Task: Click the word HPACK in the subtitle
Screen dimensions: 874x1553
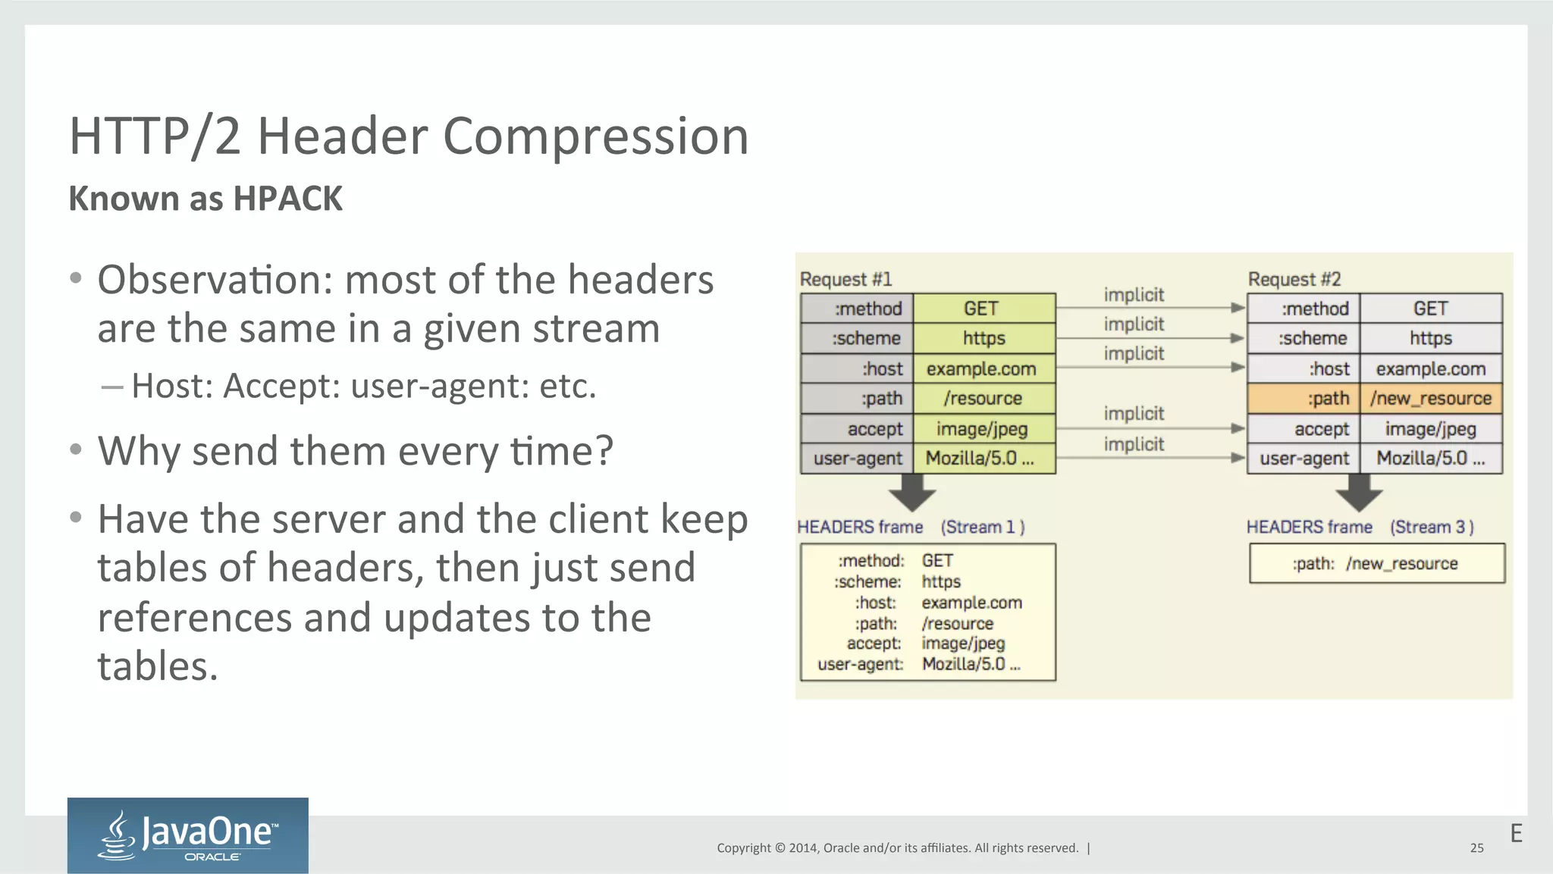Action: (287, 199)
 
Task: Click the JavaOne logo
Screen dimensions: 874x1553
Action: (187, 835)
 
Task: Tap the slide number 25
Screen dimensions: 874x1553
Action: (1476, 848)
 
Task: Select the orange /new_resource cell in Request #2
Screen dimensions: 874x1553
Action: (1430, 399)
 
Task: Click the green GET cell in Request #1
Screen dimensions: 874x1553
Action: (984, 309)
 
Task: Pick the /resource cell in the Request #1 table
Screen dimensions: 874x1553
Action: (984, 399)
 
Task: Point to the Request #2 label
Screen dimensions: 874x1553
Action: (1294, 279)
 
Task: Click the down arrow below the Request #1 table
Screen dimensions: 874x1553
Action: (912, 493)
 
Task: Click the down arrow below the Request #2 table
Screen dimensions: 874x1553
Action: (1359, 493)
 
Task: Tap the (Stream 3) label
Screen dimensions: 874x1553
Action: (1431, 527)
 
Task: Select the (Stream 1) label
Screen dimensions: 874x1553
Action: (983, 527)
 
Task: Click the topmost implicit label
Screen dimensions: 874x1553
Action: (1134, 295)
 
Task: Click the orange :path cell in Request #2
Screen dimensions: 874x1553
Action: (1304, 399)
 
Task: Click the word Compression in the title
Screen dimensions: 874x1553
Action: (595, 136)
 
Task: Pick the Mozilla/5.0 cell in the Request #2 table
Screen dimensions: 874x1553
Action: (1430, 459)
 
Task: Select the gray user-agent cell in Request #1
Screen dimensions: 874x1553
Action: (857, 459)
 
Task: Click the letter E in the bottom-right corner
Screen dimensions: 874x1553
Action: (1516, 834)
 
